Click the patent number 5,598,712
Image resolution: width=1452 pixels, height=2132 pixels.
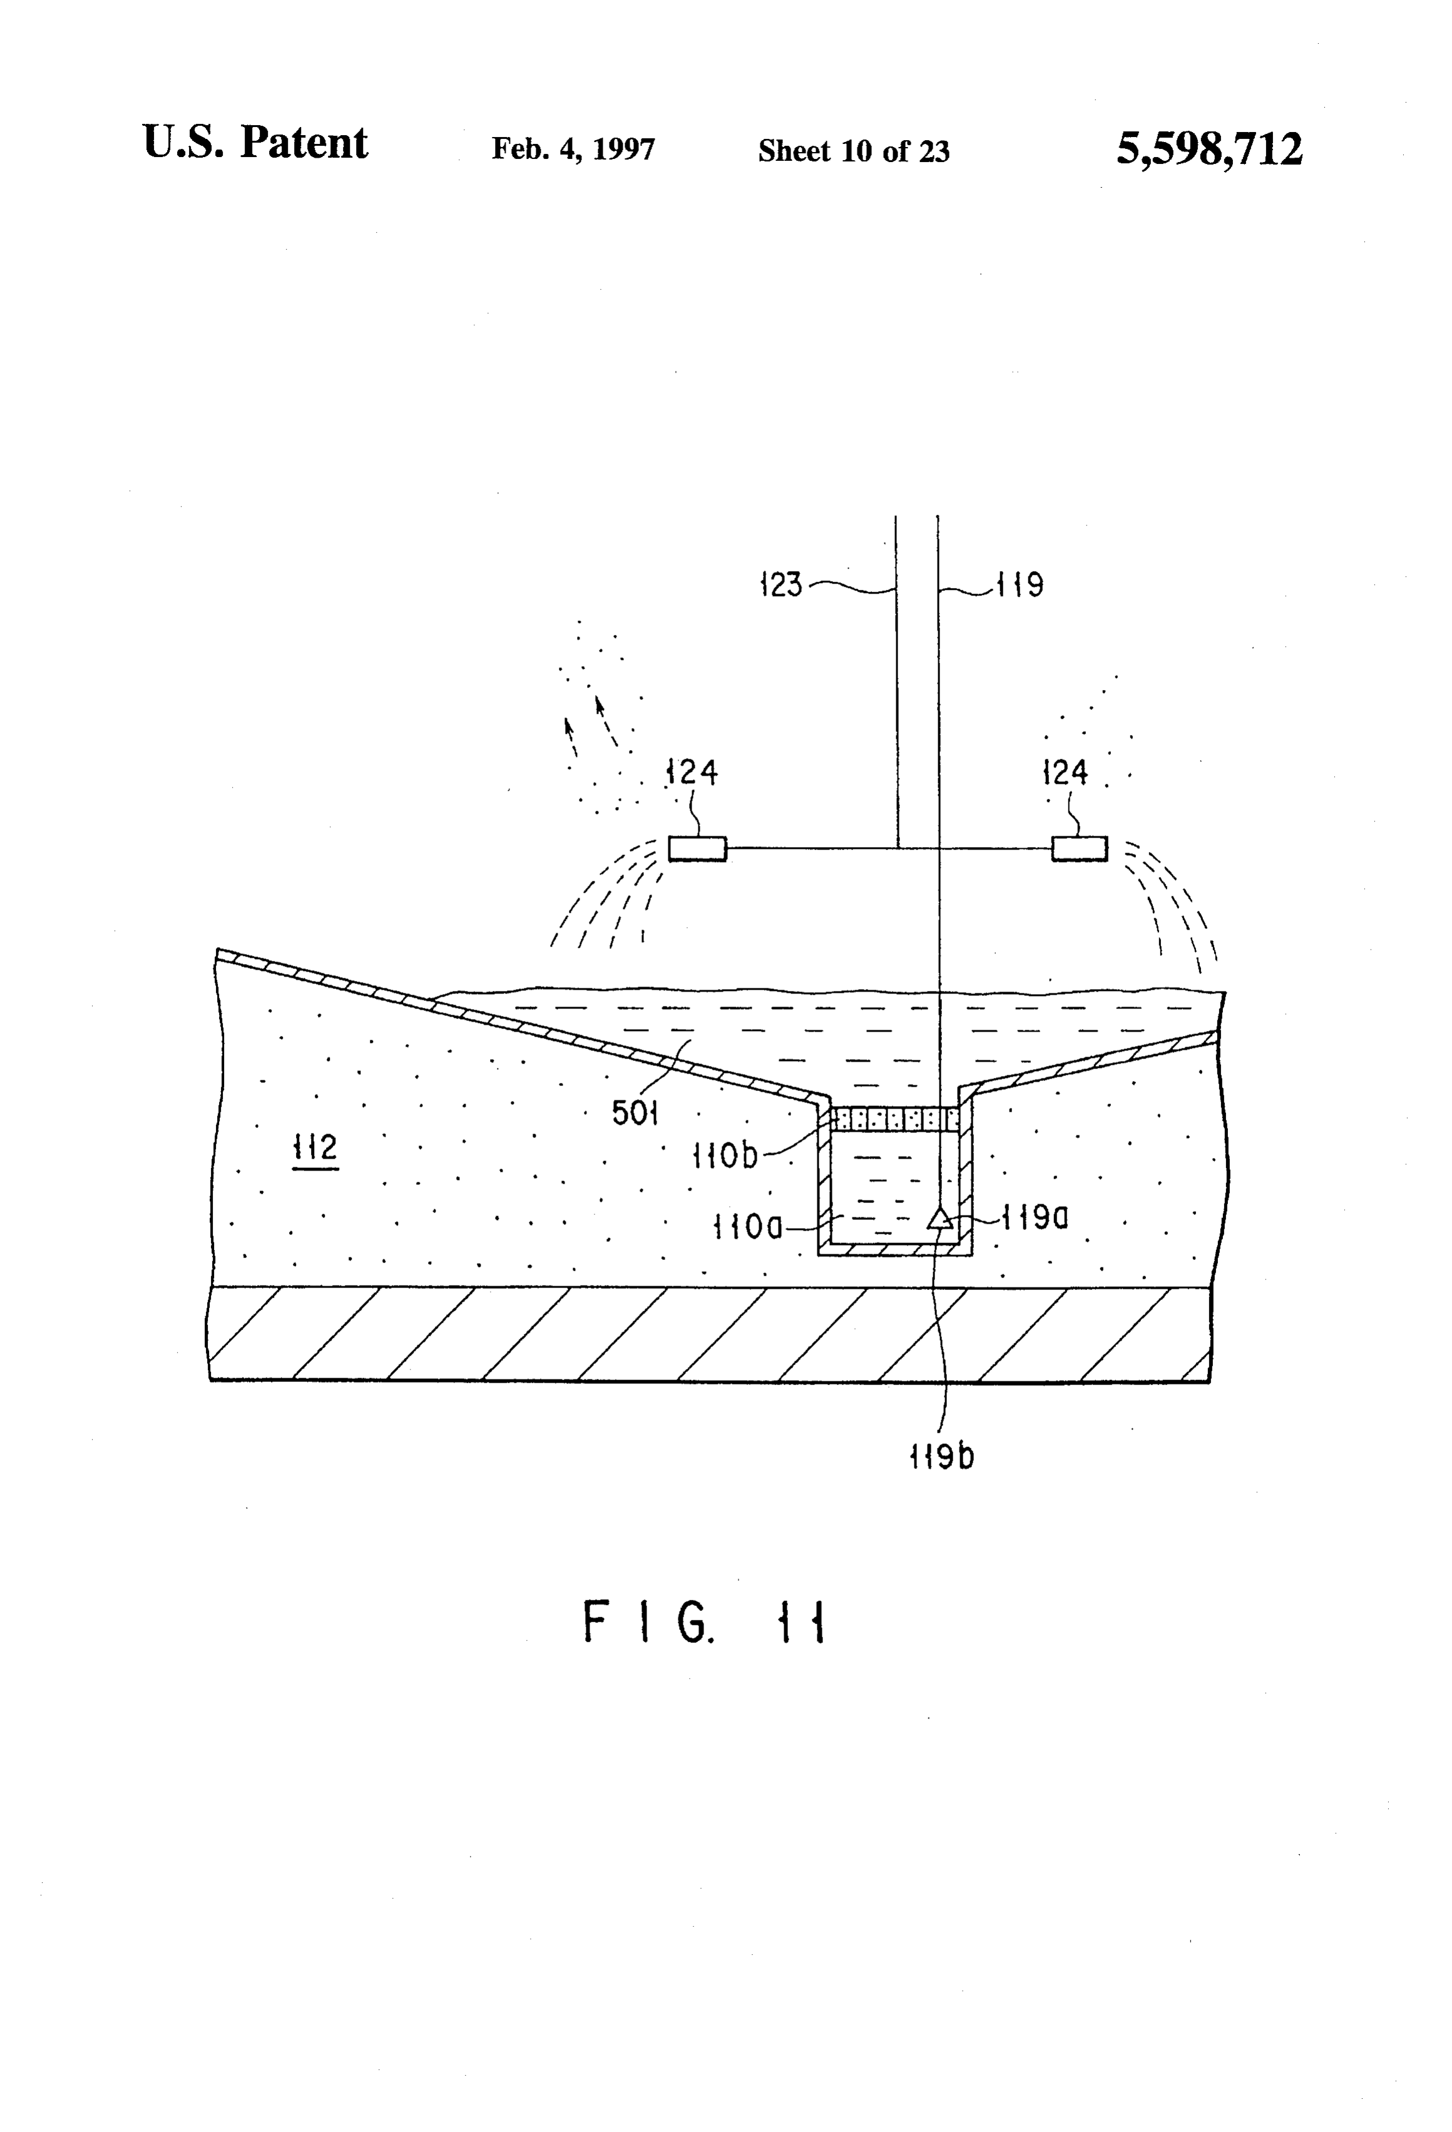[1209, 149]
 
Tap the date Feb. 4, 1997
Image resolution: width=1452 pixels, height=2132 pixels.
[574, 150]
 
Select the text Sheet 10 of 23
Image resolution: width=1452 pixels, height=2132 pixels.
[854, 150]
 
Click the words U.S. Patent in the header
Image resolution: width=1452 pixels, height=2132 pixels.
[255, 143]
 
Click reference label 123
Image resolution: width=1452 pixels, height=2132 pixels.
[781, 584]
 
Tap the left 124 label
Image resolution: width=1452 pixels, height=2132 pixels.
[692, 773]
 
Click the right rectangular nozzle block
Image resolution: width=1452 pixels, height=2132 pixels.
[1080, 848]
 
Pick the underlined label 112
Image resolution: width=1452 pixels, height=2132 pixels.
[315, 1149]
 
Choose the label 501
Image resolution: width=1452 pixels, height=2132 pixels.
[635, 1113]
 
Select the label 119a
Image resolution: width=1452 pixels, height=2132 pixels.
[1035, 1217]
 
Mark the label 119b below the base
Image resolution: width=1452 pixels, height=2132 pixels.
[942, 1456]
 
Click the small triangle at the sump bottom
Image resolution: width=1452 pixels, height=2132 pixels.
[939, 1218]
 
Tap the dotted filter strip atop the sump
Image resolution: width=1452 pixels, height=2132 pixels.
[895, 1119]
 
